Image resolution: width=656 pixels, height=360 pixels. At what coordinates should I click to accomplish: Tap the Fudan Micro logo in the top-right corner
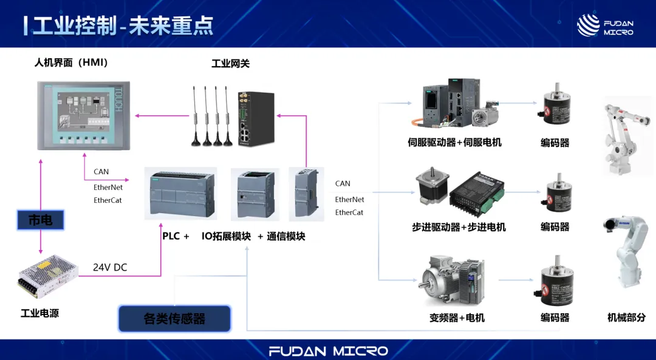click(x=604, y=25)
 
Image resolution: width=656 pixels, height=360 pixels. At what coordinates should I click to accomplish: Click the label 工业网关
click(x=230, y=63)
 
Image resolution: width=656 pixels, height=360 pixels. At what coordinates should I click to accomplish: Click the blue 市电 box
click(x=40, y=220)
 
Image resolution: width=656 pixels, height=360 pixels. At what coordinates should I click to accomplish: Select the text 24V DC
click(x=110, y=267)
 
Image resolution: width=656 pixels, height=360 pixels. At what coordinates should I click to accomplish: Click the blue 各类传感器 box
click(x=174, y=318)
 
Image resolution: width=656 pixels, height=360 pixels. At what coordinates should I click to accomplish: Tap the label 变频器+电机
click(x=457, y=318)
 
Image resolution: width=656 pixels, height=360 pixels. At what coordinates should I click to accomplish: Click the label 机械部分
click(x=626, y=318)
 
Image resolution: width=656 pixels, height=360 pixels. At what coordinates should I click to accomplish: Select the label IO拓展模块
click(x=226, y=236)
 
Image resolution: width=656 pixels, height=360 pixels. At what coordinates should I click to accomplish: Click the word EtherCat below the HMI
click(x=108, y=200)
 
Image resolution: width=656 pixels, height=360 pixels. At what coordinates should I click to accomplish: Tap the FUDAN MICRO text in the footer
click(x=328, y=351)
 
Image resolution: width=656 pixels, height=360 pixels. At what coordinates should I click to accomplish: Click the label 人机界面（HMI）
click(x=71, y=63)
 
